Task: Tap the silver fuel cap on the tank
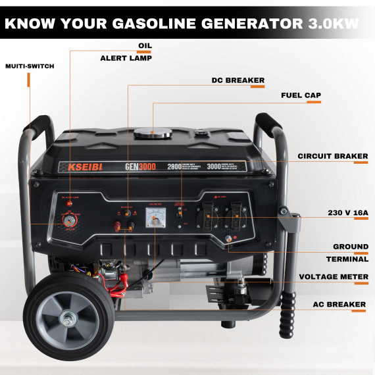[x=152, y=132]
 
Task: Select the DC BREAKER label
[x=238, y=80]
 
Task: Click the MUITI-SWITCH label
[x=30, y=66]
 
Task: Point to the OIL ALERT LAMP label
[x=126, y=52]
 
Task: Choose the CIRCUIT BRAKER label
[x=332, y=156]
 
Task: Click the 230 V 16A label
[x=347, y=213]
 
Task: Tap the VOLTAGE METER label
[x=334, y=276]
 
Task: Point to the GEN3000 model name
[x=139, y=167]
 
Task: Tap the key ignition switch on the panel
[x=68, y=222]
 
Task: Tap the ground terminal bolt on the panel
[x=230, y=240]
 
